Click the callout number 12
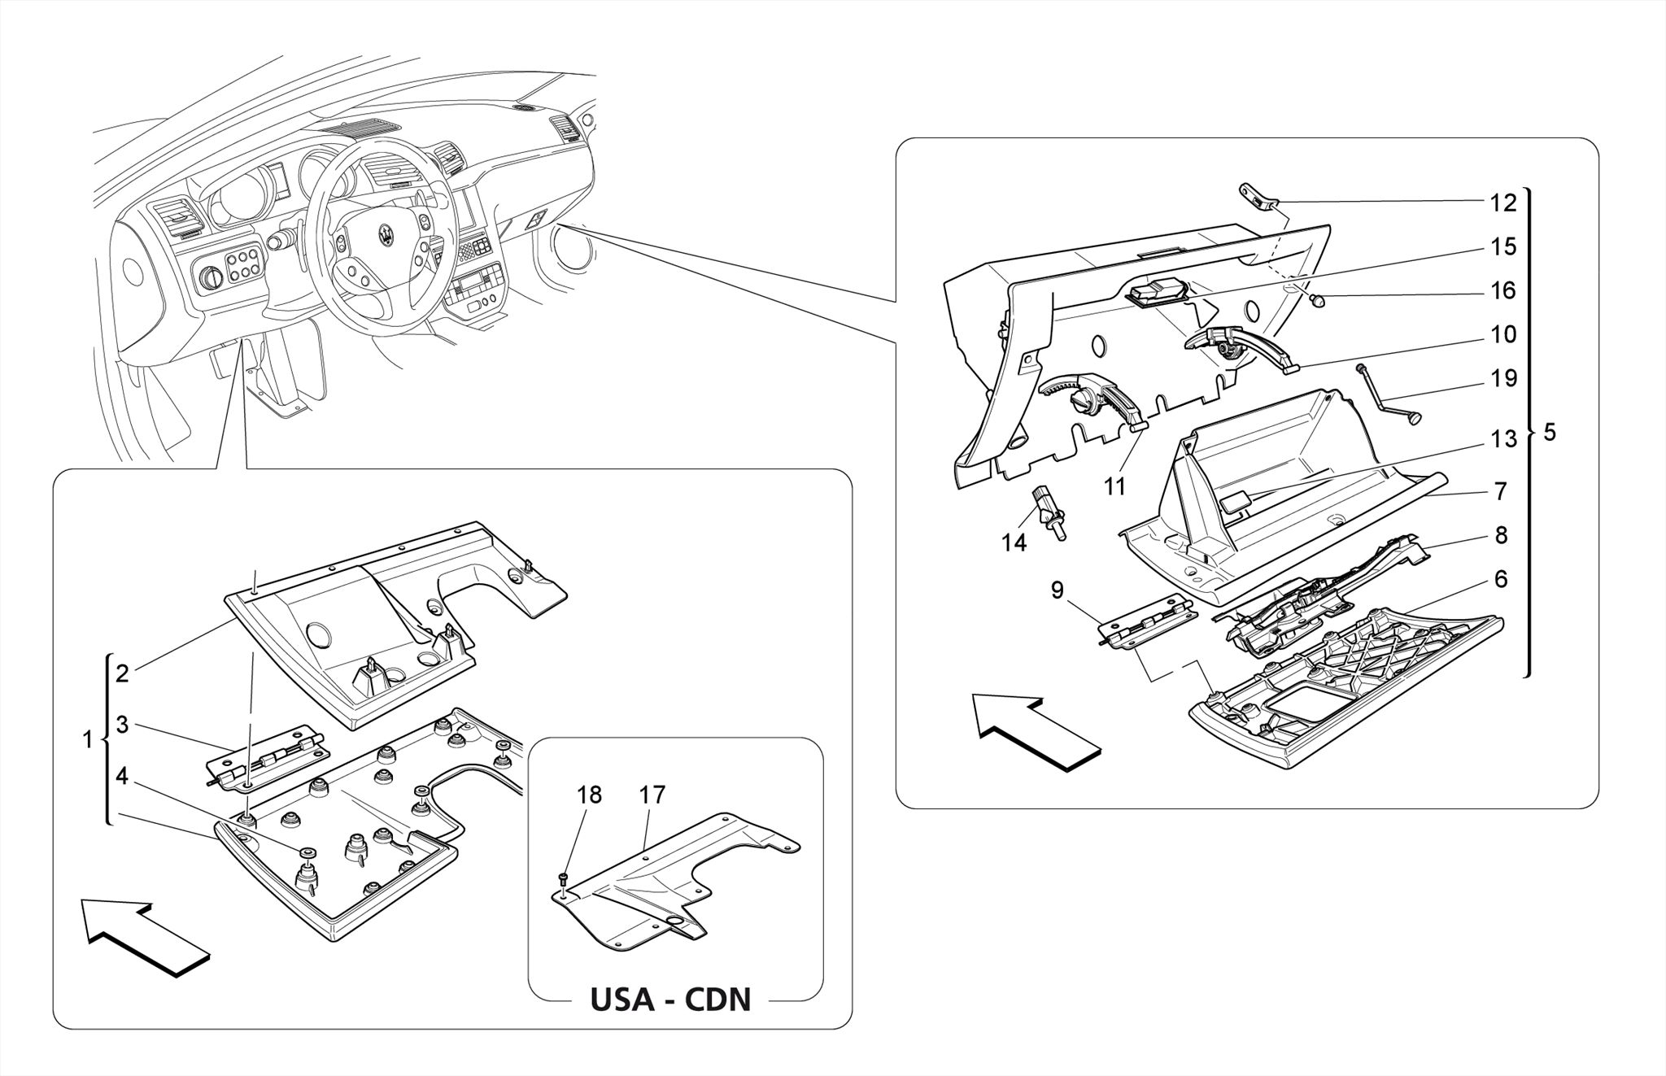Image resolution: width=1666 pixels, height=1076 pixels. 1503,203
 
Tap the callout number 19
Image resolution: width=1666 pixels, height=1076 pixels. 1503,378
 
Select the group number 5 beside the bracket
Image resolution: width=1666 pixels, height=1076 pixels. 1549,433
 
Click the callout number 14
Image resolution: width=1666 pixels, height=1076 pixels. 1014,542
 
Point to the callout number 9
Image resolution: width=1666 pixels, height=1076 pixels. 1057,590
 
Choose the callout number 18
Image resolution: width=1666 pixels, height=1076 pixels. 589,795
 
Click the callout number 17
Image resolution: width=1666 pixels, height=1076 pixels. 652,795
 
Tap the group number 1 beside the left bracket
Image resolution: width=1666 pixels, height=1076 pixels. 87,739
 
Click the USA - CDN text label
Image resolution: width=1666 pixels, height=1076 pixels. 670,1000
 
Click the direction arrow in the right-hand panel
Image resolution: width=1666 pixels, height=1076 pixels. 1037,730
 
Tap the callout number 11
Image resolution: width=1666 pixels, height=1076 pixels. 1114,486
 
